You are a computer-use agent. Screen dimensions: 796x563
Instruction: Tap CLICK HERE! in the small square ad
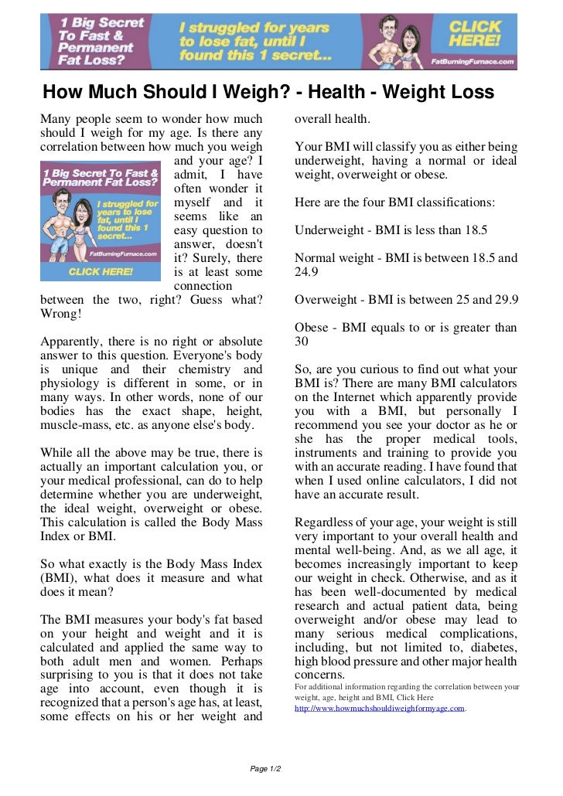101,272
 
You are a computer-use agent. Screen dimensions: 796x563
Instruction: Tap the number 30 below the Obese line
302,342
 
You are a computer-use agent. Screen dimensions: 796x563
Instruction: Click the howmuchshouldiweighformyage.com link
380,708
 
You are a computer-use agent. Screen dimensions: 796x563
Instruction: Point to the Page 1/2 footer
266,769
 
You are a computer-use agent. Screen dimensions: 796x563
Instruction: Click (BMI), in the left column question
57,578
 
